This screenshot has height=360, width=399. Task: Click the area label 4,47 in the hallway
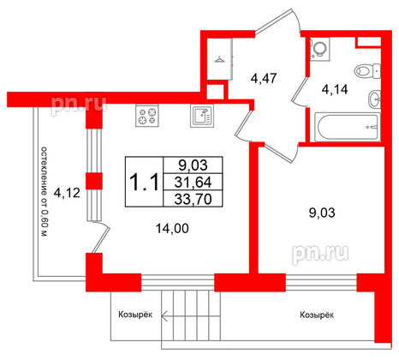pos(264,78)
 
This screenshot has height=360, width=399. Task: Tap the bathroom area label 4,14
pos(335,90)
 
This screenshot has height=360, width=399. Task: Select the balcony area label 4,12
pos(67,194)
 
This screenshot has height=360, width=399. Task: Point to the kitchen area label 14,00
pos(172,229)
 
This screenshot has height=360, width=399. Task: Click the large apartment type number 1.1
pos(144,183)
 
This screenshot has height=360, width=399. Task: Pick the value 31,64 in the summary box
pos(193,182)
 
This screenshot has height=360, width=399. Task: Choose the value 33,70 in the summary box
pos(193,199)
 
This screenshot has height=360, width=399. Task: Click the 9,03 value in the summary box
pos(193,165)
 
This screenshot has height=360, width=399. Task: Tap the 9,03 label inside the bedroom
pos(322,213)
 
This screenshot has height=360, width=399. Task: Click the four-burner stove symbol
pos(147,116)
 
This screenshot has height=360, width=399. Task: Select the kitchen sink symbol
pos(202,116)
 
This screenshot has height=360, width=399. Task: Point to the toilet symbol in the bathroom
pos(367,70)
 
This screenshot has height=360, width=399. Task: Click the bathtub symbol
pos(348,127)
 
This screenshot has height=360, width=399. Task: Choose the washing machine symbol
pos(319,49)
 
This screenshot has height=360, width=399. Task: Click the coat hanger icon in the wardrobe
pos(220,59)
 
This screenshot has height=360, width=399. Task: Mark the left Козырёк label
pos(135,315)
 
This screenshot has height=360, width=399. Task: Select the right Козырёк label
pos(317,315)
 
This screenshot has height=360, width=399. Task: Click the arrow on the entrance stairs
pos(191,316)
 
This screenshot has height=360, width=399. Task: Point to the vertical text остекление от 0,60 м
pos(44,192)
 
